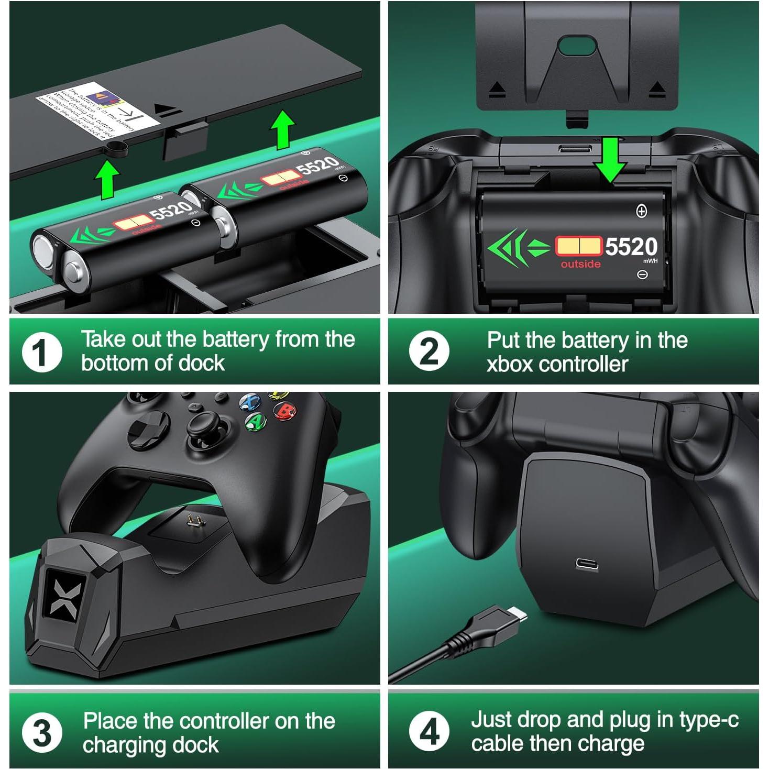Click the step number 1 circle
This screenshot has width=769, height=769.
[42, 353]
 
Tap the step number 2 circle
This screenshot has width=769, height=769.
[429, 351]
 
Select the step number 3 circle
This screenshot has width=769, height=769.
[42, 732]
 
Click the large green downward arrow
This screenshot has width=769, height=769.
[610, 160]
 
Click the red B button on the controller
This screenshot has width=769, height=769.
[286, 411]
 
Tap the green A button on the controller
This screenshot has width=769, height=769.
[256, 421]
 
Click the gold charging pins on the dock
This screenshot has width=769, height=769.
[194, 521]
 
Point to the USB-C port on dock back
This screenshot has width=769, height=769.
[587, 564]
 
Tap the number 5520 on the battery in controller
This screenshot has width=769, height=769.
[631, 247]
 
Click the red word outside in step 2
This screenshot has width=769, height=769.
[580, 264]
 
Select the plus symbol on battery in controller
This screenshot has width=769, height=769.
[641, 211]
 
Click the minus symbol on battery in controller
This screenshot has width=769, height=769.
[642, 274]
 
